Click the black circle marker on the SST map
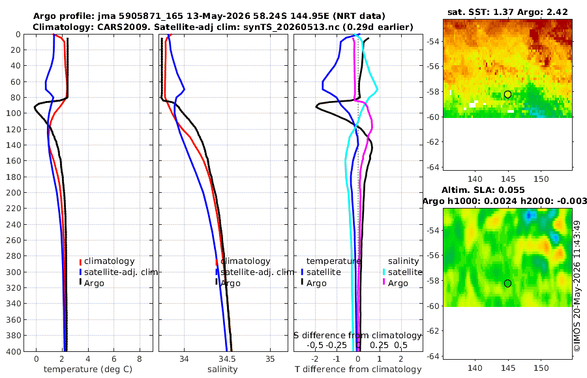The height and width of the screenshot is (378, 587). coord(507,94)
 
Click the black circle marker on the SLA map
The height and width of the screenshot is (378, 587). coord(507,283)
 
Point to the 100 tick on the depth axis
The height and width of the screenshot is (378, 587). coord(16,113)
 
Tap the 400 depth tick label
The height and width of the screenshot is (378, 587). coord(16,351)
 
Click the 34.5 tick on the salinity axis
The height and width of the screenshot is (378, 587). coord(227,359)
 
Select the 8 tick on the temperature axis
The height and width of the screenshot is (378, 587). coord(140,359)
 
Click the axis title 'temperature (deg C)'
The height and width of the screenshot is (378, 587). coord(88,370)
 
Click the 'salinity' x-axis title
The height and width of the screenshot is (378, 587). coord(222,370)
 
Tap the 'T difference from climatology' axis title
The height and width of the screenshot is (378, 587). coord(358,370)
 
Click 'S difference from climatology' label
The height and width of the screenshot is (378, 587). coord(357,336)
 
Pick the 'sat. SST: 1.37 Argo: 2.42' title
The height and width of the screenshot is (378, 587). coord(507,12)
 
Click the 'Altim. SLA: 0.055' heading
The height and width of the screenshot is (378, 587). coord(483,190)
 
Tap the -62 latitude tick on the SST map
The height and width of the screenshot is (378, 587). coord(433,142)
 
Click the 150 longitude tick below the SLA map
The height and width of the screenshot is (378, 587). coord(541,368)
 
